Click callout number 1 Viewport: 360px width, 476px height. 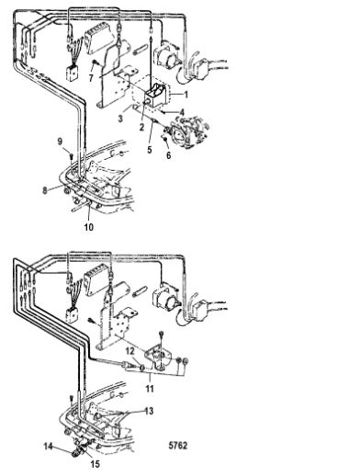(x=186, y=95)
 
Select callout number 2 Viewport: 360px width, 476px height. (x=141, y=127)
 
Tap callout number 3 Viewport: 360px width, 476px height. (x=120, y=119)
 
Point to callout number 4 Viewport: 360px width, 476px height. (x=182, y=113)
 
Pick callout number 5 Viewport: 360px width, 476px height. (x=150, y=150)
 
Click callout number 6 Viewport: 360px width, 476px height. (x=169, y=155)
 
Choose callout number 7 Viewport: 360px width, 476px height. (x=91, y=78)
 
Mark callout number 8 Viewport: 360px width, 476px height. (x=45, y=190)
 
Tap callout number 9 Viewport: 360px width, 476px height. (x=60, y=142)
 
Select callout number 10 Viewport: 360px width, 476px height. (x=89, y=227)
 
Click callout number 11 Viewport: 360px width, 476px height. (x=150, y=389)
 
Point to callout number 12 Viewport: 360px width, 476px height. (x=130, y=351)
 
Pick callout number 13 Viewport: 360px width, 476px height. (x=149, y=411)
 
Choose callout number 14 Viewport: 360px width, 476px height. (x=49, y=447)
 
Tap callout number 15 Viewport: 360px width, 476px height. (x=96, y=464)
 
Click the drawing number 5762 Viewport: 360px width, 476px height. (x=178, y=445)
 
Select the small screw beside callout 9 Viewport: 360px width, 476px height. (x=71, y=156)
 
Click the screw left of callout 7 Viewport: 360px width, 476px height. (x=96, y=62)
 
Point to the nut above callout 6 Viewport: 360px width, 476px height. (x=165, y=140)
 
